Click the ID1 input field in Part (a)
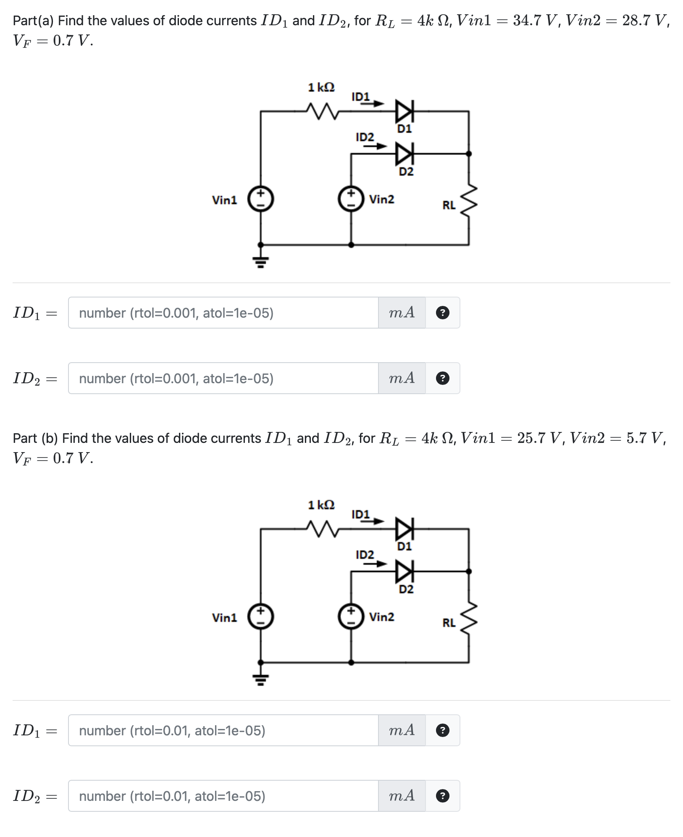point(223,313)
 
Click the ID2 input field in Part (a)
point(223,379)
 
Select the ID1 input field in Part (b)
point(223,731)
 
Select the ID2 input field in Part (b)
point(223,796)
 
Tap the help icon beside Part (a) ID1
point(442,313)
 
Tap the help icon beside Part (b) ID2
point(442,796)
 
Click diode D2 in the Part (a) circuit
point(404,154)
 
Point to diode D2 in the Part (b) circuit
point(404,571)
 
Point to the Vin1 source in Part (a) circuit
point(261,199)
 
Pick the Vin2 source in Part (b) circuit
point(351,617)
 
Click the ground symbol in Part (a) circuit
point(260,261)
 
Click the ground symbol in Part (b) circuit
point(260,679)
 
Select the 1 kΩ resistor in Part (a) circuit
point(321,111)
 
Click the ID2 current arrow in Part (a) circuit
point(375,146)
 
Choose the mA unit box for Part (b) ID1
point(402,731)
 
